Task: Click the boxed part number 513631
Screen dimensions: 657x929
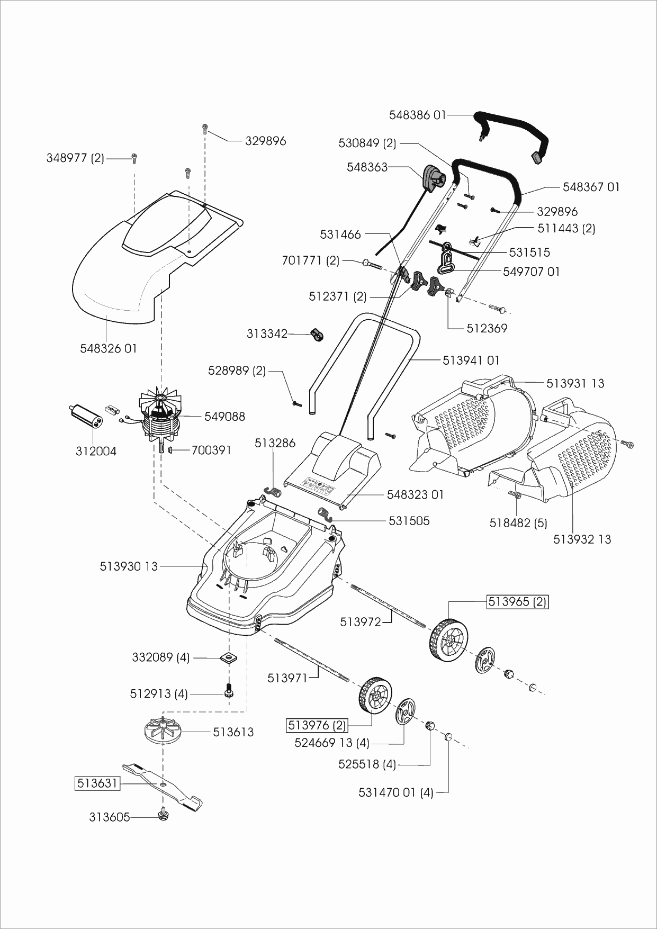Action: point(97,783)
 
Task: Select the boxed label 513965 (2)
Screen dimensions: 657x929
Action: point(518,602)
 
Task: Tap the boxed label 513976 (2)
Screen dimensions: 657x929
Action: point(317,725)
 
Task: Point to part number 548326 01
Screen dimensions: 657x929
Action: point(109,348)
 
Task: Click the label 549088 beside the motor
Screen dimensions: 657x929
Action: point(225,417)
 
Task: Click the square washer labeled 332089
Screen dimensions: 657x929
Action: point(229,657)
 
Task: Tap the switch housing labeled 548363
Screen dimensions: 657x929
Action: point(434,177)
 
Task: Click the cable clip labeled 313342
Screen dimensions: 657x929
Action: point(317,335)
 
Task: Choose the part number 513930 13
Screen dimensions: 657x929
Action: point(129,566)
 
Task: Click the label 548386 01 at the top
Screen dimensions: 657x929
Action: point(418,114)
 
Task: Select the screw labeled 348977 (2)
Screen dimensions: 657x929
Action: point(134,157)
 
